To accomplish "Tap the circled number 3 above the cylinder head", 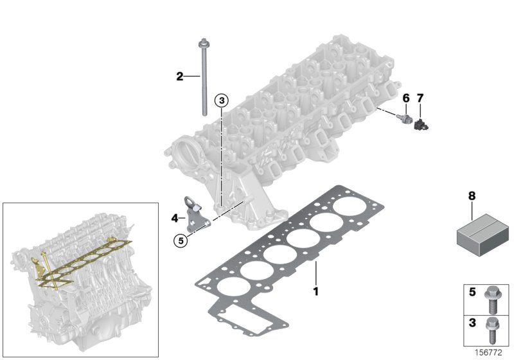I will tap(221, 100).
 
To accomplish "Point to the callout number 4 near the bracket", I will tap(174, 218).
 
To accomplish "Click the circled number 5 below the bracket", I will tap(182, 240).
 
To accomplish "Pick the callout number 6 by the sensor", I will tap(405, 98).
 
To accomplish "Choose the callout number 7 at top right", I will tap(420, 98).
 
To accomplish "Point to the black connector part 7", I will tap(421, 121).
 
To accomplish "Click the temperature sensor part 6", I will tap(405, 119).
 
